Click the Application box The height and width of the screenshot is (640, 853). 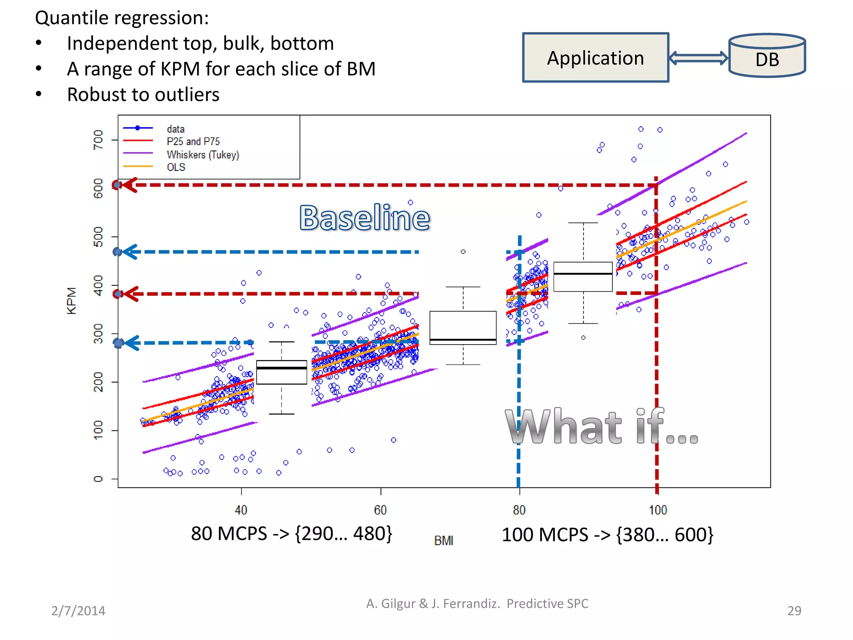[596, 58]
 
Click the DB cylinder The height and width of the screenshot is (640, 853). [767, 57]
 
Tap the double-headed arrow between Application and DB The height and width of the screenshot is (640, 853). [698, 58]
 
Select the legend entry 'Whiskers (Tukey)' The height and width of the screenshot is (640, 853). [202, 155]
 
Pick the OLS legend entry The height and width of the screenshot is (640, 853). [176, 167]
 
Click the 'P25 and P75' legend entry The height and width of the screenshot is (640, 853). [193, 142]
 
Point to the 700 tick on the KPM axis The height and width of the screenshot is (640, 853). [98, 140]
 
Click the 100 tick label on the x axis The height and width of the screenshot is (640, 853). [658, 510]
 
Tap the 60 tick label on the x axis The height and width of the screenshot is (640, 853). [380, 510]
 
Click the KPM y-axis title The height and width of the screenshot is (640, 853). [72, 300]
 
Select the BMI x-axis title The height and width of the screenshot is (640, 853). [444, 541]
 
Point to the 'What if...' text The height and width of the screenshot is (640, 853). [601, 427]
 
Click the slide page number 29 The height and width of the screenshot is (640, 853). [794, 610]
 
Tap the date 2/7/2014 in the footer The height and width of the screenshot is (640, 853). [78, 611]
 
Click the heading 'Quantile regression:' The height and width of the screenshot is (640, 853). [122, 18]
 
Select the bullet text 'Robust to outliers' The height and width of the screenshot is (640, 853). [143, 95]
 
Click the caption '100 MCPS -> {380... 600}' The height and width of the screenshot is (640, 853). [607, 535]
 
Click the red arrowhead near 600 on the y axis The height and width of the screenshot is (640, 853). [129, 185]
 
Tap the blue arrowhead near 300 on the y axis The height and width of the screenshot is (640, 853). [131, 343]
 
